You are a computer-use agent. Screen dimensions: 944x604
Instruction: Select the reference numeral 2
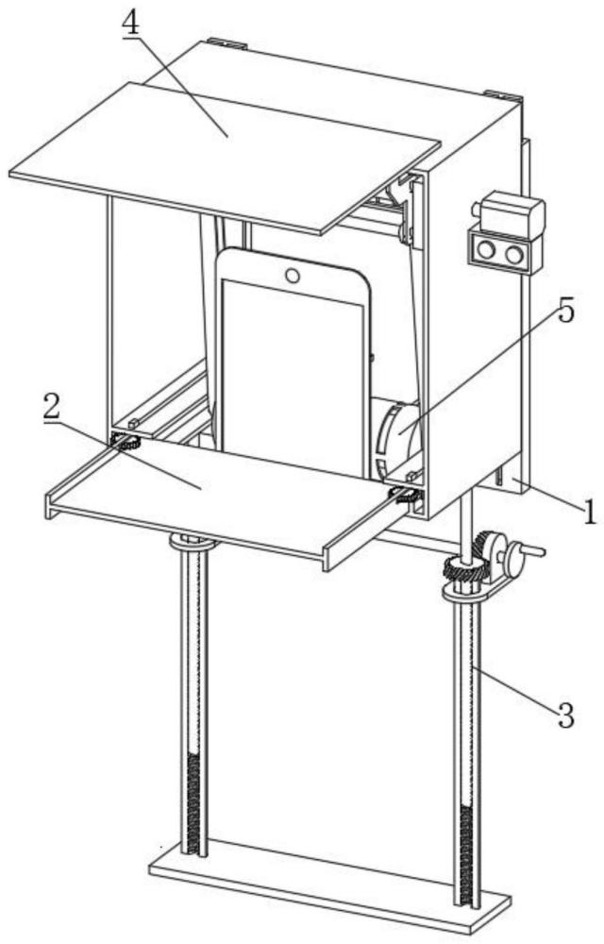point(53,406)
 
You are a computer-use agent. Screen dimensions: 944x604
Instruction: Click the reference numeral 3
point(564,716)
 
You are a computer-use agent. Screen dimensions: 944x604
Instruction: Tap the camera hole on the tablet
point(293,276)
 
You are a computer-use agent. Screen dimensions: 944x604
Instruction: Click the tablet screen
point(293,378)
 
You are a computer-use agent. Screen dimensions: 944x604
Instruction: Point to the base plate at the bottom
point(330,887)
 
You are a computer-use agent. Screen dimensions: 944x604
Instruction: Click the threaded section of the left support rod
point(196,802)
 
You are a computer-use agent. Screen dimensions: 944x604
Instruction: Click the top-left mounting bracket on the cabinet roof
point(226,42)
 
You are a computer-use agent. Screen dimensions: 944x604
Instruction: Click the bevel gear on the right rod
point(462,569)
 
